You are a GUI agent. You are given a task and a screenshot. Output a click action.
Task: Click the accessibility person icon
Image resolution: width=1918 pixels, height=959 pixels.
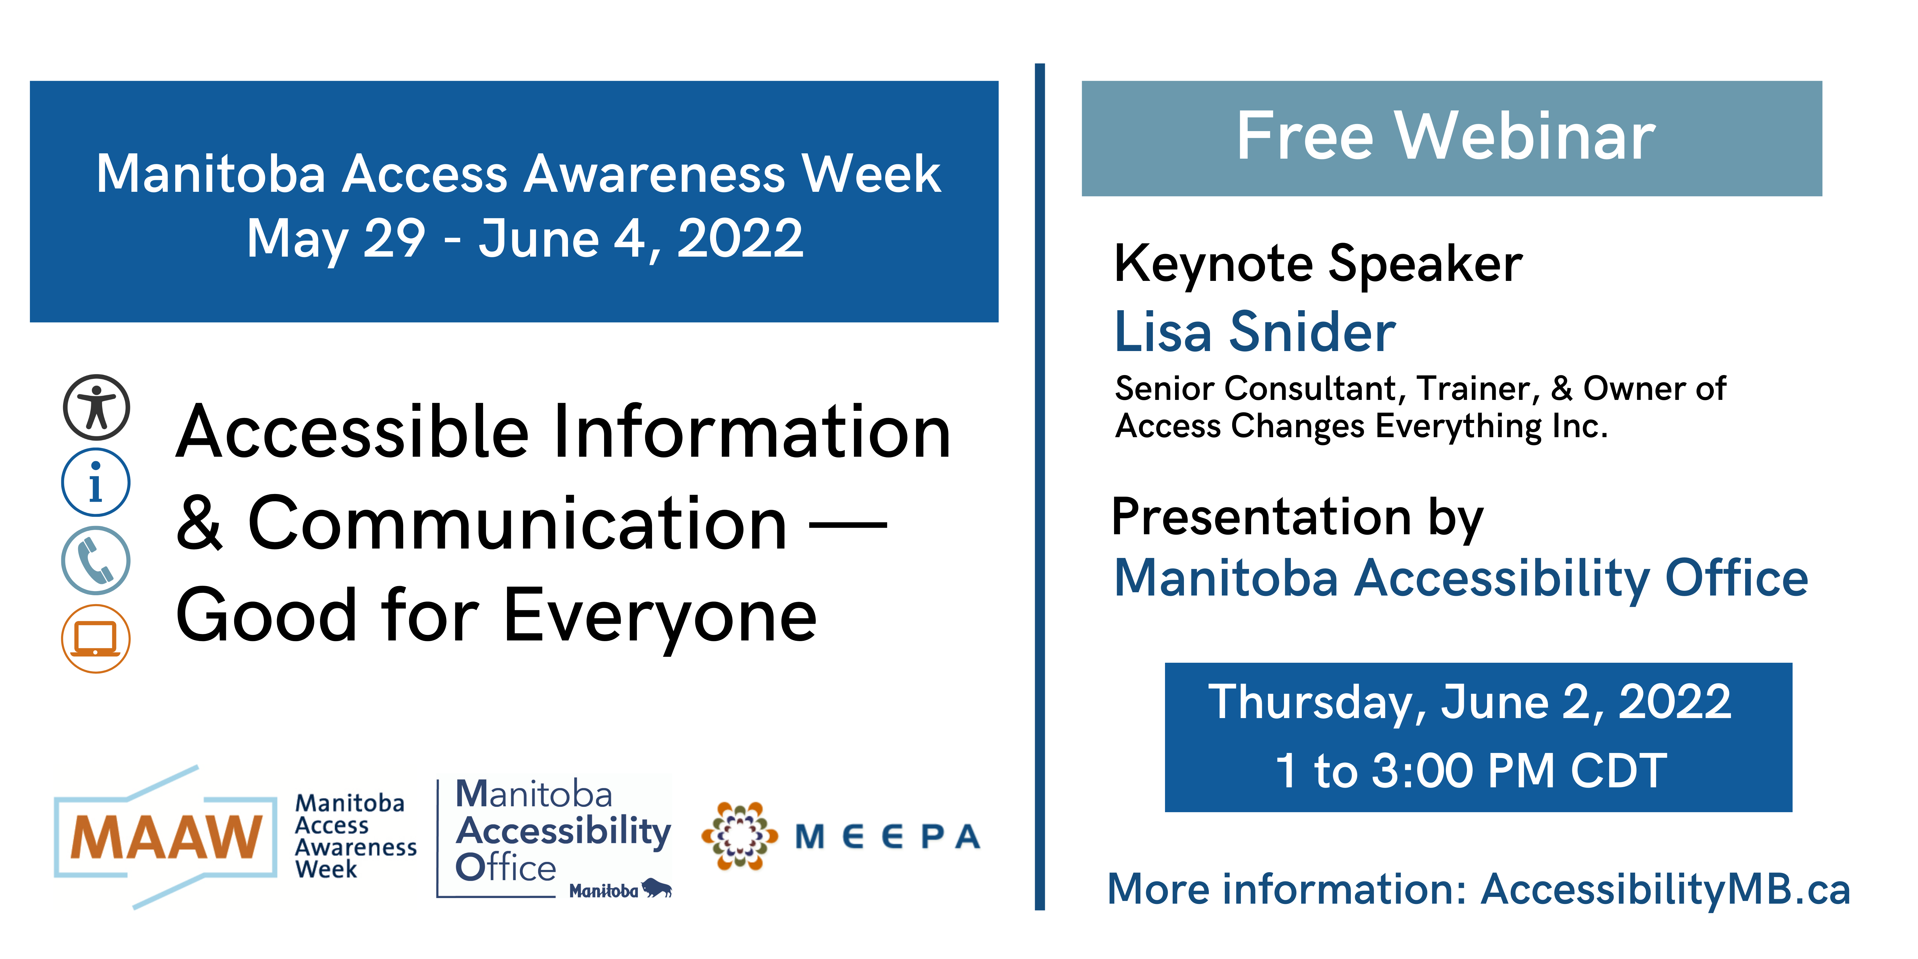point(96,407)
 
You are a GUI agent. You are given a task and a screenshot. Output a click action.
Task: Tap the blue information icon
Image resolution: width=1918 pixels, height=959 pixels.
point(96,482)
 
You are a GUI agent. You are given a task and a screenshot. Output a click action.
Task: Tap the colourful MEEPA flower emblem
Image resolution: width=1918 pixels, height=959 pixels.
point(739,835)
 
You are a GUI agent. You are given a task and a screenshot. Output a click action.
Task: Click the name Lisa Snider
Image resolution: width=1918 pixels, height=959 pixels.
point(1255,332)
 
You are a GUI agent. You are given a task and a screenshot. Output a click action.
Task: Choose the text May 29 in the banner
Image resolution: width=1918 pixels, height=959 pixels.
point(336,240)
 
